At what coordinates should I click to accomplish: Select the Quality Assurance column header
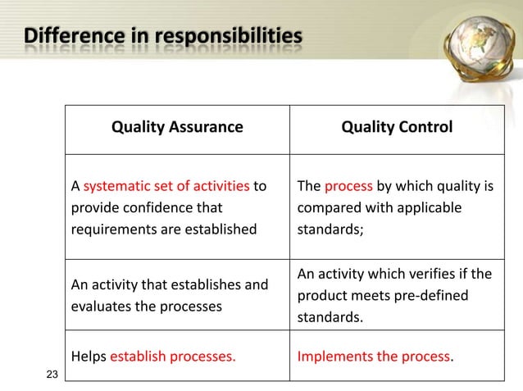[x=177, y=127]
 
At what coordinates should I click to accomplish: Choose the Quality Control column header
[x=397, y=127]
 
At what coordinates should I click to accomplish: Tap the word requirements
[x=111, y=230]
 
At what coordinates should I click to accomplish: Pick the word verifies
[x=431, y=273]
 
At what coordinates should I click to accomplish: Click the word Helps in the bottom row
[x=89, y=356]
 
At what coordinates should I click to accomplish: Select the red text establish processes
[x=173, y=356]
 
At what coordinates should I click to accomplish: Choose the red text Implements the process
[x=374, y=356]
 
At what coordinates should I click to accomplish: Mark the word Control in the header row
[x=423, y=127]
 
